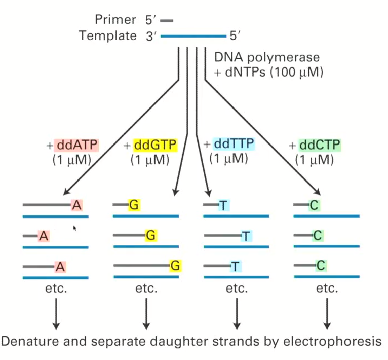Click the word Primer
pyautogui.click(x=115, y=20)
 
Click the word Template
pyautogui.click(x=108, y=36)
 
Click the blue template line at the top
pyautogui.click(x=193, y=36)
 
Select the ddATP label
pyautogui.click(x=77, y=146)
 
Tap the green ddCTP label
pyautogui.click(x=320, y=146)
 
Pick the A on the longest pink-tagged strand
pyautogui.click(x=76, y=205)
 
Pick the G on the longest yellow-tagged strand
pyautogui.click(x=175, y=265)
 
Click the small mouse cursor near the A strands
pyautogui.click(x=75, y=228)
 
